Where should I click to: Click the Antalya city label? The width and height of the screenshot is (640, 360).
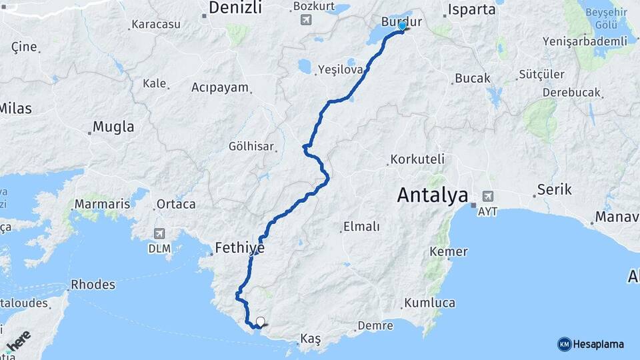click(x=432, y=195)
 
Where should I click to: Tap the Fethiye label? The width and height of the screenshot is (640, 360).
click(x=239, y=248)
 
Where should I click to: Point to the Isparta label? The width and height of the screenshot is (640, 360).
click(x=472, y=9)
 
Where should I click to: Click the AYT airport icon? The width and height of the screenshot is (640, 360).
click(x=488, y=196)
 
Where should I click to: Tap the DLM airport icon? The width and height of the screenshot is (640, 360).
click(x=159, y=233)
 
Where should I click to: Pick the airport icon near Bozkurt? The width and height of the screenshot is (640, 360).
click(x=305, y=19)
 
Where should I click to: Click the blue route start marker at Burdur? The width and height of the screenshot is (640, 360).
click(x=402, y=26)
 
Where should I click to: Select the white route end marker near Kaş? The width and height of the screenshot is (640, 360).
click(x=260, y=321)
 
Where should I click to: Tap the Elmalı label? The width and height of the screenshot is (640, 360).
click(x=361, y=227)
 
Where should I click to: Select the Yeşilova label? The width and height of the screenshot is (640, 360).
click(x=340, y=69)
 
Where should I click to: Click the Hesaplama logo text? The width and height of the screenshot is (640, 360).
click(x=598, y=344)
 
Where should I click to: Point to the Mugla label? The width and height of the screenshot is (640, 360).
click(x=113, y=127)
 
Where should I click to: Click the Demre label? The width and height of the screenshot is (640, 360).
click(x=375, y=325)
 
